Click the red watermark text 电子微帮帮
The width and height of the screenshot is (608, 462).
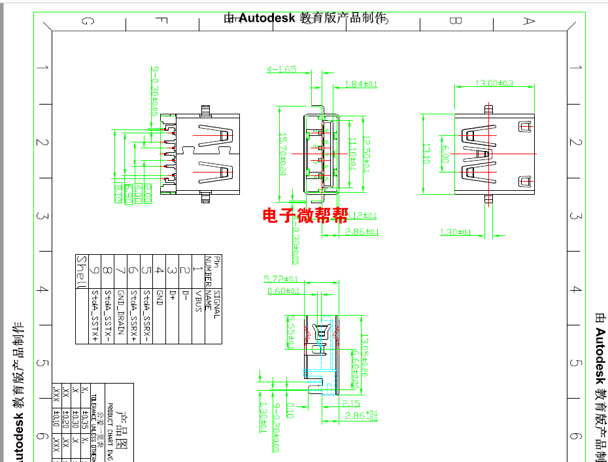point(305,216)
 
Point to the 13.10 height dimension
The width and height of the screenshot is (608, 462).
point(426,154)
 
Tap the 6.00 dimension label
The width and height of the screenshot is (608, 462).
point(445,154)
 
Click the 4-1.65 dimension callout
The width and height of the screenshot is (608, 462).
point(281,69)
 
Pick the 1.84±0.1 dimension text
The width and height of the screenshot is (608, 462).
point(361,84)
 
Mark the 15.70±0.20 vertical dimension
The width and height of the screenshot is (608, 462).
point(283,154)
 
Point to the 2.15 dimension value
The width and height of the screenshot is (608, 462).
point(351,403)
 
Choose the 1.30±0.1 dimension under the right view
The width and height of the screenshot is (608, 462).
point(456,233)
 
